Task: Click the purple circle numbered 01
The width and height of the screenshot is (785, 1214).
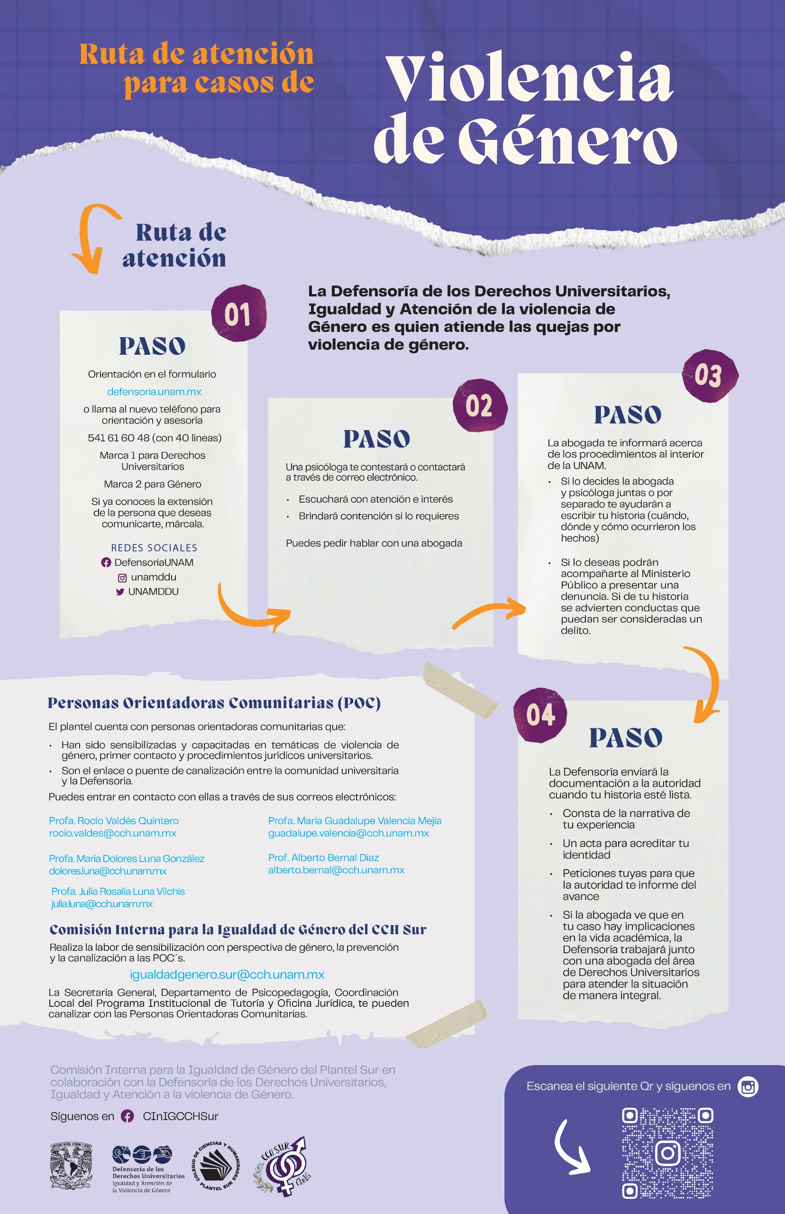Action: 238,313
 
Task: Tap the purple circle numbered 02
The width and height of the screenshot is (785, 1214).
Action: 479,406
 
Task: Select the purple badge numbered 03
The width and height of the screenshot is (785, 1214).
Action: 709,376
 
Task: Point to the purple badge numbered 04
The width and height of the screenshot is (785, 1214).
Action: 540,715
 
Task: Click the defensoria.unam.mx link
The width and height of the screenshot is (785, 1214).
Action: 154,392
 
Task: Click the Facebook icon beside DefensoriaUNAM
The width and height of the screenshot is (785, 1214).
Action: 106,562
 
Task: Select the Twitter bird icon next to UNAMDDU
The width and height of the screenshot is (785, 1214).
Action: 120,592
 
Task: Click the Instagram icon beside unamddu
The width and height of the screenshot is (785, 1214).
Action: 122,578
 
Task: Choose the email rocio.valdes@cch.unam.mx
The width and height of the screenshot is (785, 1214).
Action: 113,833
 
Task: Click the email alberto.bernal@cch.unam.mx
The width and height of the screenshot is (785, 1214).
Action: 336,870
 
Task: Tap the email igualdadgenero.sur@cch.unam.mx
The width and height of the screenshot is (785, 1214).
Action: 227,975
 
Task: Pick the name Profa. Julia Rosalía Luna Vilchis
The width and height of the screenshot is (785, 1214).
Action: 118,891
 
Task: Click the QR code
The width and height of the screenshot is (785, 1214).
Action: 667,1153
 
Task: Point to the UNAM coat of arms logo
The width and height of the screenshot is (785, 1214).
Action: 71,1166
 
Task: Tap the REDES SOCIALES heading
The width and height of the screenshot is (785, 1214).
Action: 154,548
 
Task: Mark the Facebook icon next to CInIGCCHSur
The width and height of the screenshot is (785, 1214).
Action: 127,1116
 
